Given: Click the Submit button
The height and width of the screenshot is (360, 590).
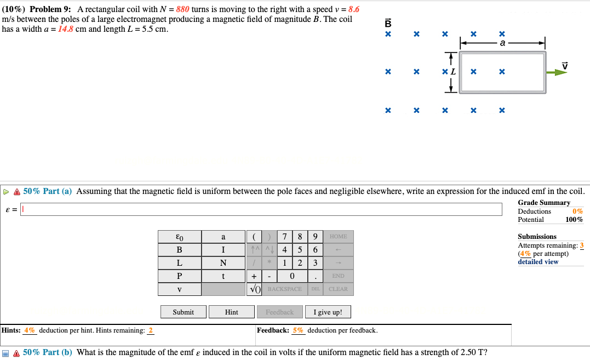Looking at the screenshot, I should click(x=183, y=312).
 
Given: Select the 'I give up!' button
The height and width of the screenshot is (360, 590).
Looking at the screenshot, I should click(x=328, y=312).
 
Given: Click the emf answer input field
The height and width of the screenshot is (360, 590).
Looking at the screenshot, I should click(x=261, y=209).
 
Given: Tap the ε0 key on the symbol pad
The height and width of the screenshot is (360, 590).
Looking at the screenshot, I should click(x=179, y=237).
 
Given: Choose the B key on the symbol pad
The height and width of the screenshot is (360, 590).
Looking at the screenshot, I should click(x=179, y=250).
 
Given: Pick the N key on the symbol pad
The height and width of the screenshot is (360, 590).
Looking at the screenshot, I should click(x=223, y=263).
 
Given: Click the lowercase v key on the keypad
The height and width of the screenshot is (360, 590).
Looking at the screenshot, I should click(x=179, y=289).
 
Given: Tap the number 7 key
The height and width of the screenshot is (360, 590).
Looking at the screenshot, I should click(x=285, y=237).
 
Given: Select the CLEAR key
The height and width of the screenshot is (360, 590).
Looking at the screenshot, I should click(x=338, y=289).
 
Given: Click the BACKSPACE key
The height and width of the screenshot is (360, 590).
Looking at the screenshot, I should click(x=284, y=289).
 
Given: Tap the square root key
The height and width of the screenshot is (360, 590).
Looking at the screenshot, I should click(x=255, y=289).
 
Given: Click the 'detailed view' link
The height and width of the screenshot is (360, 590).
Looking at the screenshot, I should click(x=538, y=262).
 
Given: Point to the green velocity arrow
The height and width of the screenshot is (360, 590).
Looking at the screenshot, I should click(x=558, y=72).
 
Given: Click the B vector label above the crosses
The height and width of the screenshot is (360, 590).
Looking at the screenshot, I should click(x=388, y=23).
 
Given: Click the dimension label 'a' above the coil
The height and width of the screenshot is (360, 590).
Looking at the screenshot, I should click(x=503, y=43).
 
